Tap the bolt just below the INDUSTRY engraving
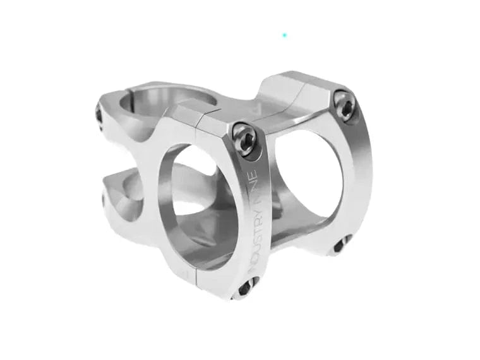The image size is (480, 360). (x=244, y=288)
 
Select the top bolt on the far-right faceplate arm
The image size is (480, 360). (x=344, y=104)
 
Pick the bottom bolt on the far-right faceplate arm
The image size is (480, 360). (x=341, y=243)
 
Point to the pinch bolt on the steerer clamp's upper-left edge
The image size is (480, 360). (x=99, y=116)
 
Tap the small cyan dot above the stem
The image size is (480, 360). (x=285, y=35)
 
